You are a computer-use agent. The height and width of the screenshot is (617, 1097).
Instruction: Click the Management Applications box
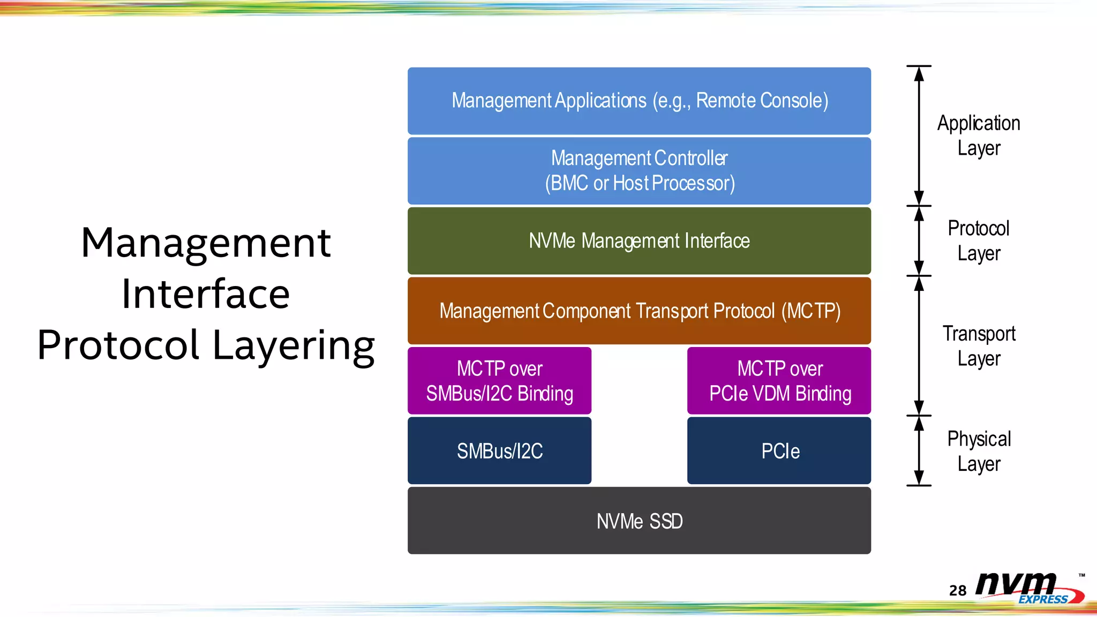coord(639,101)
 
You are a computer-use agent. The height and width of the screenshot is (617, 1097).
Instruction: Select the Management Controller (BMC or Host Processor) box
coord(639,171)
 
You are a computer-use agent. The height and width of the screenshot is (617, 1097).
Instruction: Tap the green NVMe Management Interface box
coord(639,241)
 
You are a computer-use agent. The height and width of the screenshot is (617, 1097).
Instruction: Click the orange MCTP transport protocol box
coord(639,311)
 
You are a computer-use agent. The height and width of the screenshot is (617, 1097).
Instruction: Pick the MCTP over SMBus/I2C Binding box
coord(499,381)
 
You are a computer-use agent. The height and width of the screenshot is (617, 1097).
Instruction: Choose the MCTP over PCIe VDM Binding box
coord(779,381)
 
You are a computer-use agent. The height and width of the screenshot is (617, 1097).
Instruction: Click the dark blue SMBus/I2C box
coord(499,451)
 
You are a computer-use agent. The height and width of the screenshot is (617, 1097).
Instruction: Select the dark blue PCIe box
coord(779,451)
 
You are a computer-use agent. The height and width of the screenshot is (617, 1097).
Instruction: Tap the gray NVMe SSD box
coord(639,521)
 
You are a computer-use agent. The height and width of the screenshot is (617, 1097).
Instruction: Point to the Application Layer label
coord(979,136)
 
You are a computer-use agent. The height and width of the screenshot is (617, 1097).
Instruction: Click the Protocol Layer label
coord(979,241)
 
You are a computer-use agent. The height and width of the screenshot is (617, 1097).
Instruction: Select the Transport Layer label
coord(979,346)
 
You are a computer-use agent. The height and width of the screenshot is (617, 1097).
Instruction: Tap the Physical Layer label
coord(979,451)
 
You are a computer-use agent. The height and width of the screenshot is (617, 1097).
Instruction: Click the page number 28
coord(958,590)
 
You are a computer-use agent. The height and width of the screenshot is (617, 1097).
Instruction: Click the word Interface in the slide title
coord(206,294)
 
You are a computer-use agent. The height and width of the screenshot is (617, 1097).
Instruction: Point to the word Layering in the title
coord(294,345)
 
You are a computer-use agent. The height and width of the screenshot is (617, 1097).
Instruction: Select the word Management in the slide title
coord(206,243)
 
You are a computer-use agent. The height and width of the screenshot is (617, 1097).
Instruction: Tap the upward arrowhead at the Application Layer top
coord(919,74)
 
